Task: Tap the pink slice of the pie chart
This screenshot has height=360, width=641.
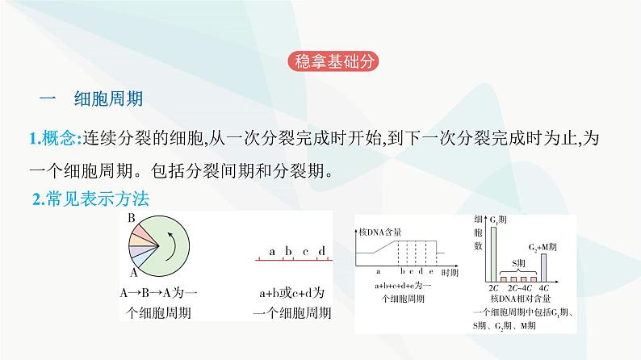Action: click(x=138, y=232)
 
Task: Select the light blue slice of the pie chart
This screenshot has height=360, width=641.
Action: click(x=140, y=257)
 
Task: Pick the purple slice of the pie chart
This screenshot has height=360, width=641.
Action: click(x=136, y=249)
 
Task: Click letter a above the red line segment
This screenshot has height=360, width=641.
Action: click(x=272, y=251)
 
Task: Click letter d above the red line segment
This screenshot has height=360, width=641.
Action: click(x=321, y=251)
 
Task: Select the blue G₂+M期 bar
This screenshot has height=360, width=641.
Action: click(x=543, y=266)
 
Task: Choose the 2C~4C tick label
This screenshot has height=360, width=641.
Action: click(x=517, y=287)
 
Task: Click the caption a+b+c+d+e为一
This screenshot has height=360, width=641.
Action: click(x=396, y=287)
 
